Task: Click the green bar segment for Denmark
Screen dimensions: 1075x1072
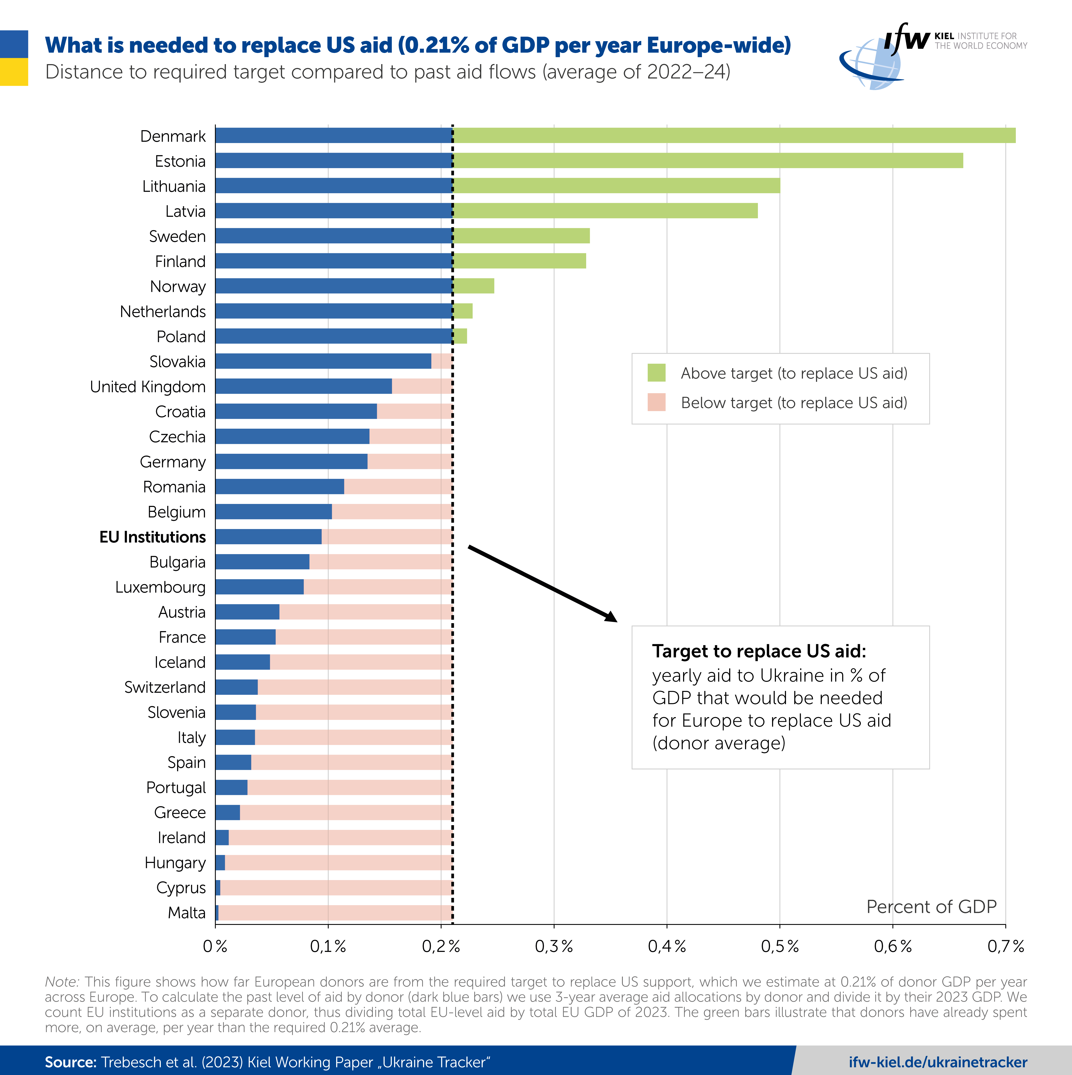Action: [x=734, y=135]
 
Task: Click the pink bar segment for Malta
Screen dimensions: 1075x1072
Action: [x=335, y=912]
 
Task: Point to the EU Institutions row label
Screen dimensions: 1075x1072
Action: [x=152, y=537]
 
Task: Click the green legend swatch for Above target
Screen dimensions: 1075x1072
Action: [x=656, y=373]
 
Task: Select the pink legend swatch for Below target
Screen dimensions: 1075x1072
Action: [x=656, y=402]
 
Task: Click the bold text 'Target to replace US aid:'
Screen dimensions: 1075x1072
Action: [x=759, y=651]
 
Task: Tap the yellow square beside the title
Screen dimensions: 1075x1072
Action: [x=14, y=72]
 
